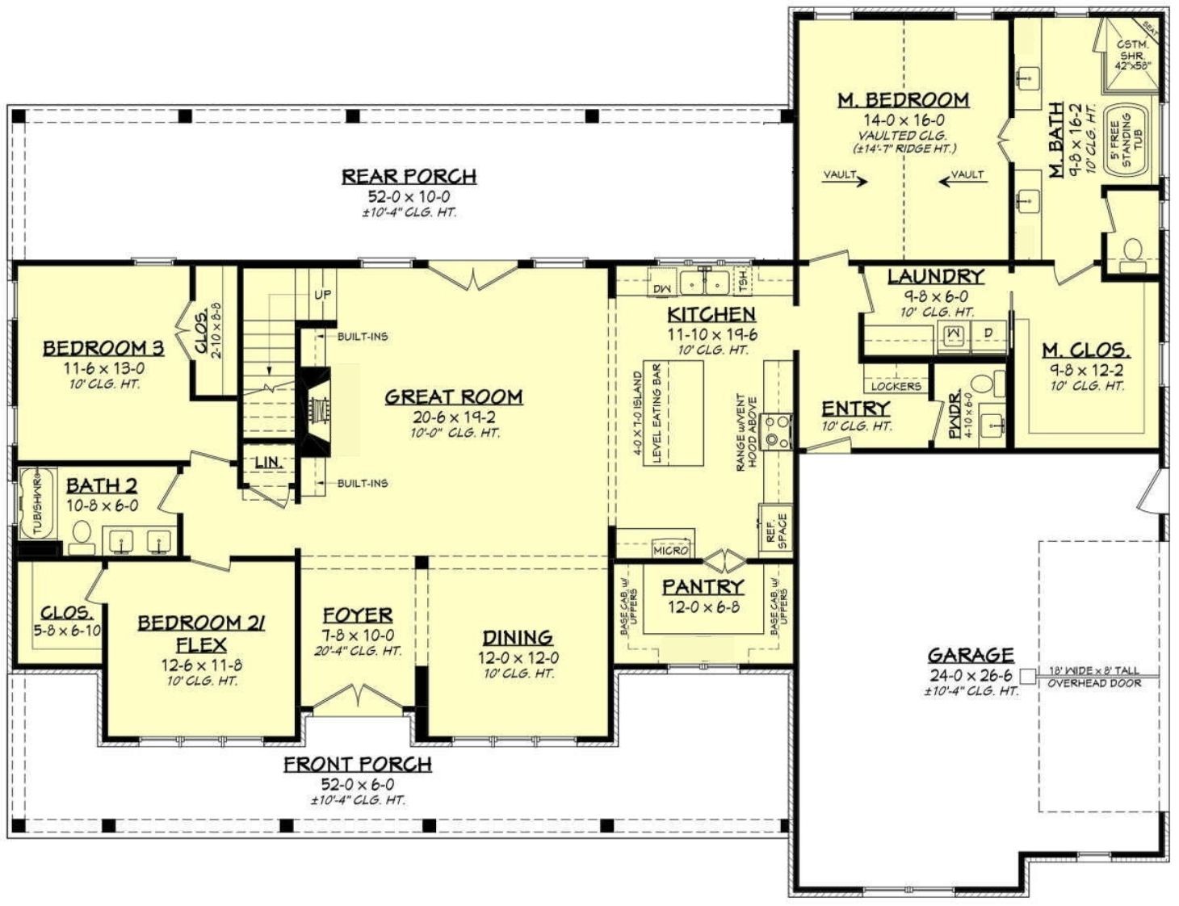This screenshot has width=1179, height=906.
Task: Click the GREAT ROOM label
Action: point(453,396)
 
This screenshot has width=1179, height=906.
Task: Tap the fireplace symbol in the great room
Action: point(317,408)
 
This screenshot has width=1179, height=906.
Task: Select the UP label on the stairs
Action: point(322,295)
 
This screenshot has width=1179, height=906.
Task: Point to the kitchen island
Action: point(672,413)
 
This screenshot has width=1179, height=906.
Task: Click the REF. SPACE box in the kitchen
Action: point(774,530)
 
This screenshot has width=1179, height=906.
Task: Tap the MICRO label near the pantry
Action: point(670,550)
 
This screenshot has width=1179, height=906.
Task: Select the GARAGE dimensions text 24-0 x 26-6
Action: point(970,675)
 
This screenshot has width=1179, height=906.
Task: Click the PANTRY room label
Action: point(703,587)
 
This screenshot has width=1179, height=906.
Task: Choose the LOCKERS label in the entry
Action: point(896,386)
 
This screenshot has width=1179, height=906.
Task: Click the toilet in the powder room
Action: point(983,384)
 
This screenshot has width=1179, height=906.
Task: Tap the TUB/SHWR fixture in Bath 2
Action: point(36,502)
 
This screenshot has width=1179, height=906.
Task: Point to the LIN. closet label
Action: point(267,463)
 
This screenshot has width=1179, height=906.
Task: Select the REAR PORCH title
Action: point(409,176)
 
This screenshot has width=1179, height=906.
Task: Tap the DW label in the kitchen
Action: point(661,288)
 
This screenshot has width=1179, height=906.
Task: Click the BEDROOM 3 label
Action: point(103,348)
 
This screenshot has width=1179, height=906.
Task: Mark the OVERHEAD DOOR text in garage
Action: point(1094,683)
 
